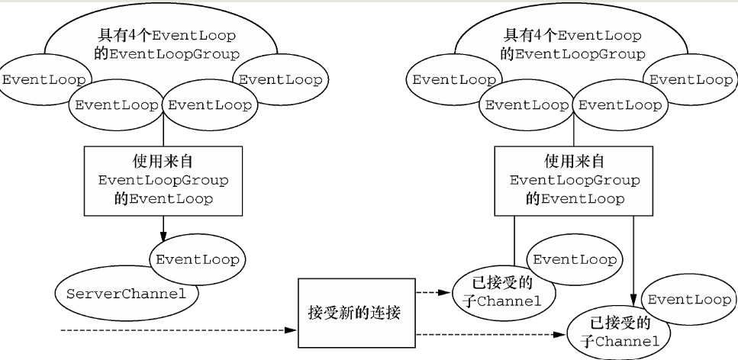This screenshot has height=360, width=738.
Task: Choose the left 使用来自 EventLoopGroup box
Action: click(x=163, y=180)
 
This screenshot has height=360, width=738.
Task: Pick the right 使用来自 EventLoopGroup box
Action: click(x=572, y=180)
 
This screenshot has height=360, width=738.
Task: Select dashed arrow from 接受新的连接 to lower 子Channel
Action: click(x=488, y=334)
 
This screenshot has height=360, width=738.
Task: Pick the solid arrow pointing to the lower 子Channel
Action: click(x=633, y=259)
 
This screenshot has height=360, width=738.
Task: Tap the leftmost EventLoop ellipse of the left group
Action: click(x=44, y=80)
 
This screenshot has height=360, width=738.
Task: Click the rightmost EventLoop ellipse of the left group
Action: click(x=282, y=80)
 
